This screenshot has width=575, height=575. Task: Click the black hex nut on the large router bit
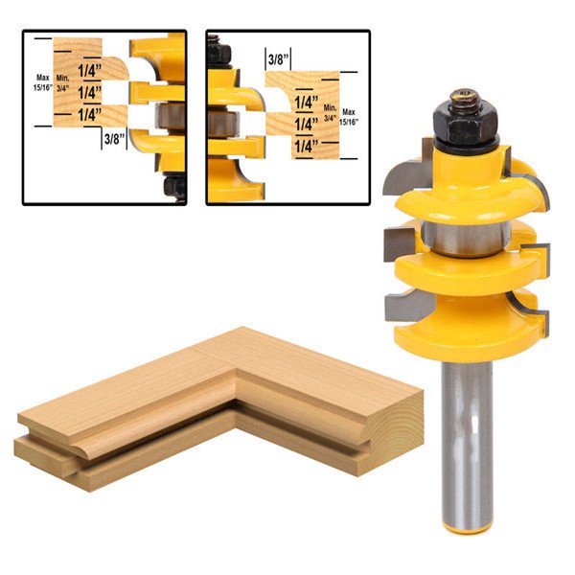tap(466, 122)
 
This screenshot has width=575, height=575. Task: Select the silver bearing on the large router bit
tap(466, 238)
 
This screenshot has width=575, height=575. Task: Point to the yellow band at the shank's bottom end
tap(467, 527)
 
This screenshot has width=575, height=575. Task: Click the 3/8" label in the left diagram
tap(114, 139)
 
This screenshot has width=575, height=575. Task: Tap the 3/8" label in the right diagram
tap(278, 59)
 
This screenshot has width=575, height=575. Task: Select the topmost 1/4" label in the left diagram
tap(89, 70)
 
